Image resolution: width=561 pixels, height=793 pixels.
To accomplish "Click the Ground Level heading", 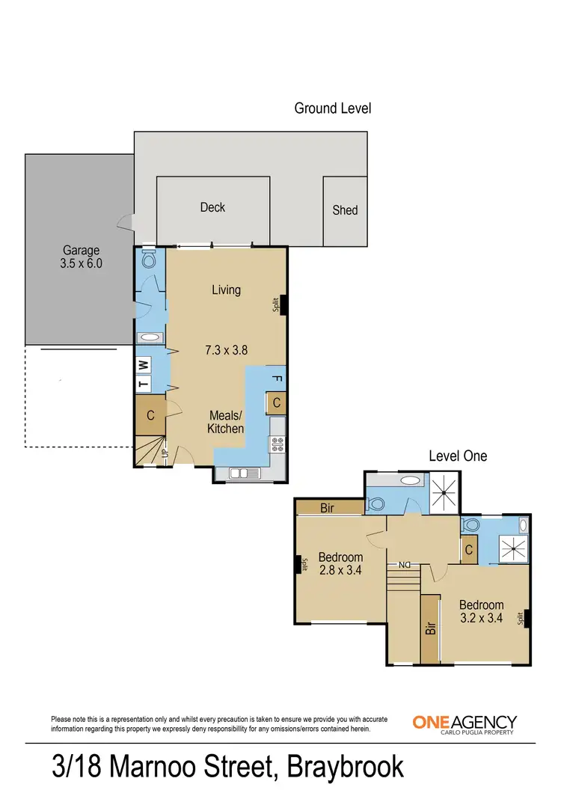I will pos(332,108).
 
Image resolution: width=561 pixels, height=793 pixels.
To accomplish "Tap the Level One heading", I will pos(457,456).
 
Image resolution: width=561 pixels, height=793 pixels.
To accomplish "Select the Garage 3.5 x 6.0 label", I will pos(81,257).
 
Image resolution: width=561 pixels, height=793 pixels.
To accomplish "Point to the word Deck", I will pos(212,207).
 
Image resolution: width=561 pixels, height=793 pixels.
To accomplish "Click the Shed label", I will pos(345,210).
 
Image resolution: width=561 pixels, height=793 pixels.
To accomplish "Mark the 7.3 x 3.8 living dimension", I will pos(225,349).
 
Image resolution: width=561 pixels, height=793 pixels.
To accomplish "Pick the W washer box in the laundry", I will pos(144,364).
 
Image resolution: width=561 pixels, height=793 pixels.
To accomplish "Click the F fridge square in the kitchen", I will pos(276,379).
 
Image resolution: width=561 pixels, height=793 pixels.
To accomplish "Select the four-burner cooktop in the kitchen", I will pos(278,445).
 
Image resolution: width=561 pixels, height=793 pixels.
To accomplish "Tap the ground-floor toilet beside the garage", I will pos(147,260).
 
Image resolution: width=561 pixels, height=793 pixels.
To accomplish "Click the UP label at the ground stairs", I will pos(164,452).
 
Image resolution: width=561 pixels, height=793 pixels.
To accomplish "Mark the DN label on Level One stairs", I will pos(404,565).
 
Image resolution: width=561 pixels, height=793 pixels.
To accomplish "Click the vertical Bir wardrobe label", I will pos(430,627).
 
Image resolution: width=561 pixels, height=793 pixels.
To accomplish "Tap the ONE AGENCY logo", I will pos(464,723).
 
